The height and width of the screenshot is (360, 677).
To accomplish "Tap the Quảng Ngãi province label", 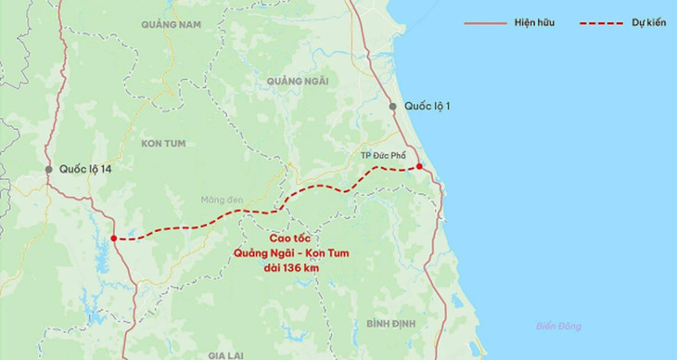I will pos(297,82).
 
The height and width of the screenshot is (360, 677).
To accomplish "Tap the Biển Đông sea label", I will pos(558,326).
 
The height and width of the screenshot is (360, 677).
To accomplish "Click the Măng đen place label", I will pos(222,199).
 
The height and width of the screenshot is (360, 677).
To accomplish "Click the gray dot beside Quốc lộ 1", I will pos(393,106).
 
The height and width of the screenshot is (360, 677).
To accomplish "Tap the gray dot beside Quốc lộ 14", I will pos(48,170).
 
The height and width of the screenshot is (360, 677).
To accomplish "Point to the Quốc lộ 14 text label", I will pos(85,170).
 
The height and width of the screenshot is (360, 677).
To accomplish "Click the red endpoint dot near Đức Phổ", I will pos(419,167).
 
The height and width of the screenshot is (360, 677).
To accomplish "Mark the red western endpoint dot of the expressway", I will pos(113,238).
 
